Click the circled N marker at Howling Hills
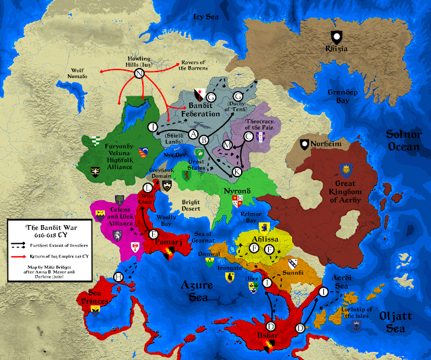pos(139,73)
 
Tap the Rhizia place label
pos(336,49)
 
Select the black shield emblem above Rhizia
pos(335,36)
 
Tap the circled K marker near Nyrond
pos(236,172)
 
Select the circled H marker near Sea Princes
pos(119,277)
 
